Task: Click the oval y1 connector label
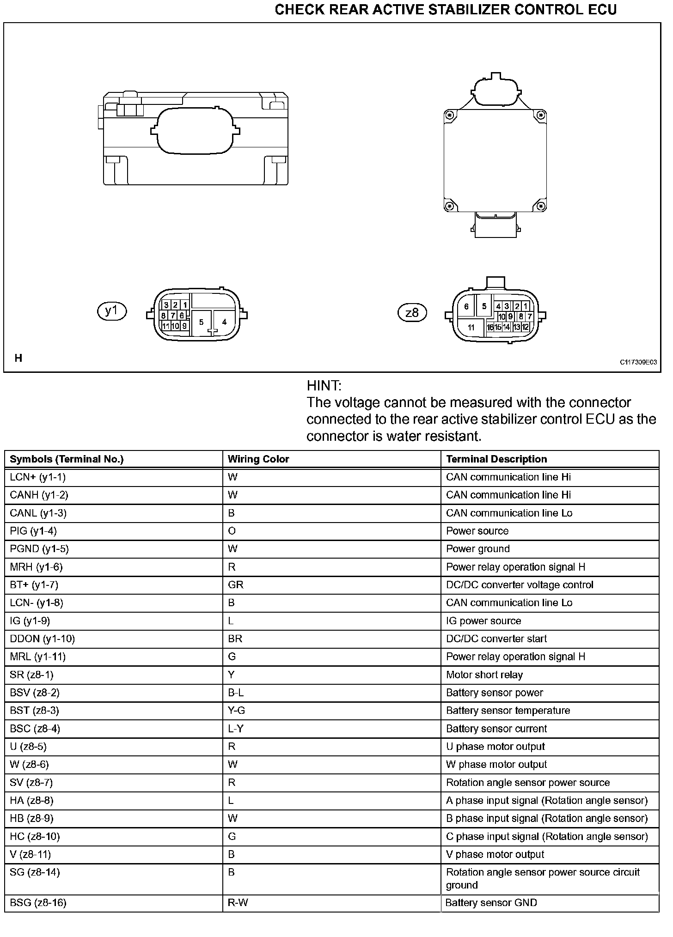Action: click(112, 311)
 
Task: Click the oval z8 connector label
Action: click(412, 313)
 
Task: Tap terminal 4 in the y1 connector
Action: click(224, 322)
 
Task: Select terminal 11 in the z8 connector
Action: click(471, 328)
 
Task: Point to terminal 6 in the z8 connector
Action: click(466, 306)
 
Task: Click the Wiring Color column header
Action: click(258, 459)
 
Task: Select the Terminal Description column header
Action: click(496, 459)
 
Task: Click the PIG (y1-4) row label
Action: click(33, 531)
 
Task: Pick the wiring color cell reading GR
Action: click(235, 585)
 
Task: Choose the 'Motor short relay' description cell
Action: click(484, 675)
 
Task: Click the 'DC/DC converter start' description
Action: click(496, 639)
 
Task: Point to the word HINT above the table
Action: click(324, 386)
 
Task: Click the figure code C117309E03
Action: click(638, 363)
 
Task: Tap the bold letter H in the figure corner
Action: click(18, 358)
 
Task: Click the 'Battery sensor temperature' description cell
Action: click(508, 711)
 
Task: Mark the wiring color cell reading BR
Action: click(235, 639)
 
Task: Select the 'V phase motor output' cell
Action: click(495, 854)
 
